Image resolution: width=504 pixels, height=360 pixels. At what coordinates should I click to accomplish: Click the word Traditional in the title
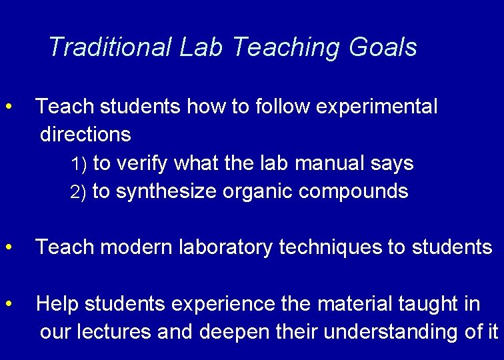(109, 47)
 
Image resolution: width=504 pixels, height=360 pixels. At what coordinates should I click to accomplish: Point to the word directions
(85, 135)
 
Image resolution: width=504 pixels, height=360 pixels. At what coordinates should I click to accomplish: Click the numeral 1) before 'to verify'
(79, 164)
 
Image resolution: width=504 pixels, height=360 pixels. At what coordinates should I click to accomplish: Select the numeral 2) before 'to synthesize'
(79, 193)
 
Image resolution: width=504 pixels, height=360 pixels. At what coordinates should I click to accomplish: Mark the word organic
(258, 192)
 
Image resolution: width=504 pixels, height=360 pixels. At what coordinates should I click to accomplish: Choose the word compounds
(353, 192)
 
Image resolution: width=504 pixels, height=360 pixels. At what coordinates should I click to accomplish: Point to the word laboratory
(227, 248)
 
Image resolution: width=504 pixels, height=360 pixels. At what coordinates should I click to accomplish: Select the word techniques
(329, 248)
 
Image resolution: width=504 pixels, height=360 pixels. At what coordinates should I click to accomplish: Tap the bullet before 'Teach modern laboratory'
(9, 247)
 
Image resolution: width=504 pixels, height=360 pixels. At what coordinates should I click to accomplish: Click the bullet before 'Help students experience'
(9, 304)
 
